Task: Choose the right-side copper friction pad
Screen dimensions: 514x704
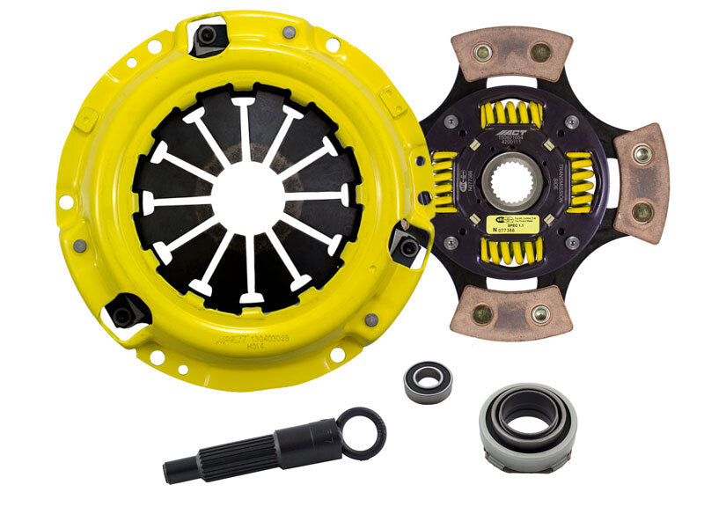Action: pyautogui.click(x=642, y=183)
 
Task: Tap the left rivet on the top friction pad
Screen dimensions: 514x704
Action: pyautogui.click(x=481, y=55)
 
